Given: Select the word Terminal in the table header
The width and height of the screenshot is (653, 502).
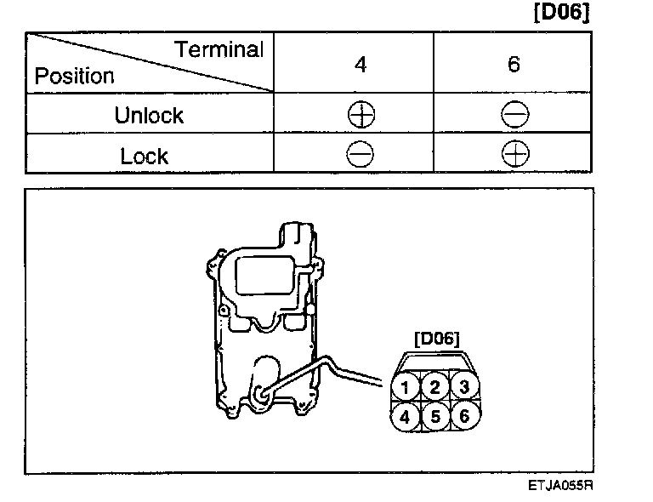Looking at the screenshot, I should [x=220, y=49].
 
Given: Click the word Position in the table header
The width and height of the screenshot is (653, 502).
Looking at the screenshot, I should [x=75, y=76].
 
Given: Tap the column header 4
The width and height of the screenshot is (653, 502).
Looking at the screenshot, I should [x=361, y=64].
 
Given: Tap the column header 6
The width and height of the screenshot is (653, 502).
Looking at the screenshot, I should [x=514, y=64].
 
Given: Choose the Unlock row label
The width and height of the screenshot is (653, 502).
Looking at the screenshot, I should [x=149, y=115].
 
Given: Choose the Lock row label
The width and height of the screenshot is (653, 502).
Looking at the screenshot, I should [x=145, y=156].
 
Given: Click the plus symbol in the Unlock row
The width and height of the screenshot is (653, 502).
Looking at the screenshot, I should [x=361, y=115].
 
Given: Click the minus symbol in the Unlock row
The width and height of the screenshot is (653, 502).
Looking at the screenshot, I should [x=514, y=115].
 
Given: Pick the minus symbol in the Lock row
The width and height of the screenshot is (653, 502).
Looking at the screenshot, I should [x=361, y=155].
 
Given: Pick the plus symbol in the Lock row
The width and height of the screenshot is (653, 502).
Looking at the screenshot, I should [x=514, y=155].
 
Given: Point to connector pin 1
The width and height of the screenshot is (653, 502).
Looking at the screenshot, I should [x=407, y=388].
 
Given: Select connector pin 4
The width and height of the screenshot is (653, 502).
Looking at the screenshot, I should [x=407, y=417].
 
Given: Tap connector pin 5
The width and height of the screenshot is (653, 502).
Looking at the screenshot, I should [x=435, y=417].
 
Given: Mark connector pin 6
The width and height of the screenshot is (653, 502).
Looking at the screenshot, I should [x=463, y=417].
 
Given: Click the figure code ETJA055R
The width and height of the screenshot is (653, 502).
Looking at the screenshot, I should [x=559, y=488].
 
